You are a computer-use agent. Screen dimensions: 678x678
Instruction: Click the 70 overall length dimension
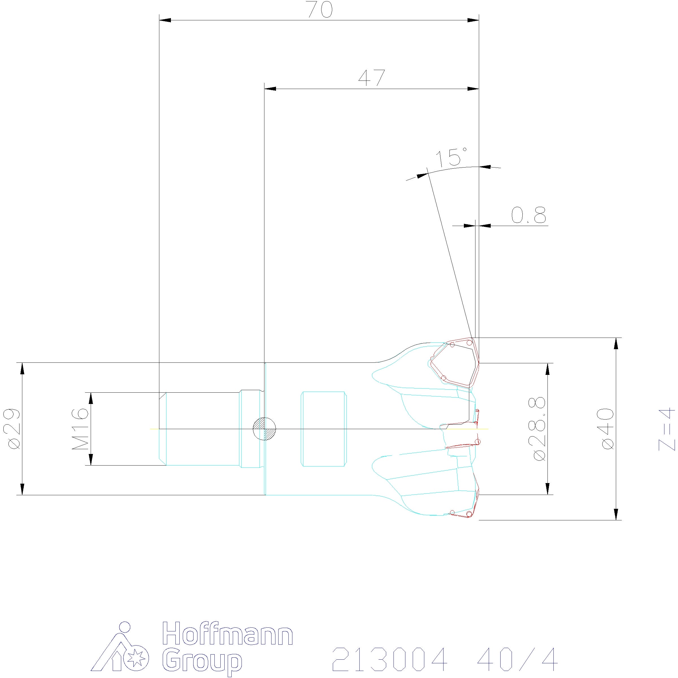click(x=320, y=10)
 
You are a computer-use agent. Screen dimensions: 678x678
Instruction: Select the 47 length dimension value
click(x=372, y=78)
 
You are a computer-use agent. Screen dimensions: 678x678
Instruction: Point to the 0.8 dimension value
click(x=529, y=215)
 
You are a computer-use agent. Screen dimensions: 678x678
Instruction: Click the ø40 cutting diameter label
click(x=607, y=429)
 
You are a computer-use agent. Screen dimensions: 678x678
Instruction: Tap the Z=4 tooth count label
click(x=666, y=429)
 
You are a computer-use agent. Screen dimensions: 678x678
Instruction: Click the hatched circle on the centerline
click(x=264, y=429)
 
